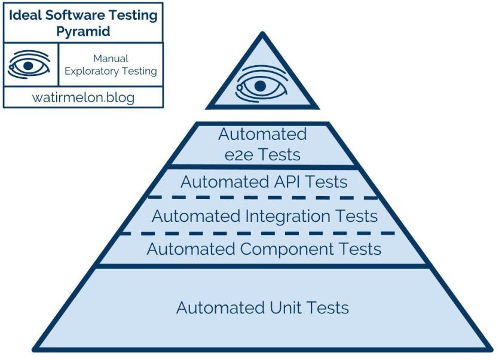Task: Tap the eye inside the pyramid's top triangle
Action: pyautogui.click(x=259, y=85)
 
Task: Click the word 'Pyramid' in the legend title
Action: pyautogui.click(x=83, y=32)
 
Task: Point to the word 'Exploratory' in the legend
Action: pyautogui.click(x=91, y=72)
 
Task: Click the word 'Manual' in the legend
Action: pyautogui.click(x=111, y=59)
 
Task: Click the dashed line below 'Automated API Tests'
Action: pyautogui.click(x=262, y=197)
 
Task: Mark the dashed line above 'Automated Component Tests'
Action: pyautogui.click(x=262, y=232)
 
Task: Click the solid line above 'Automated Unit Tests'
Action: pyautogui.click(x=262, y=266)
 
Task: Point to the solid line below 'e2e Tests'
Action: pyautogui.click(x=262, y=166)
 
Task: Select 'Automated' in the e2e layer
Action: pyautogui.click(x=262, y=133)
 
